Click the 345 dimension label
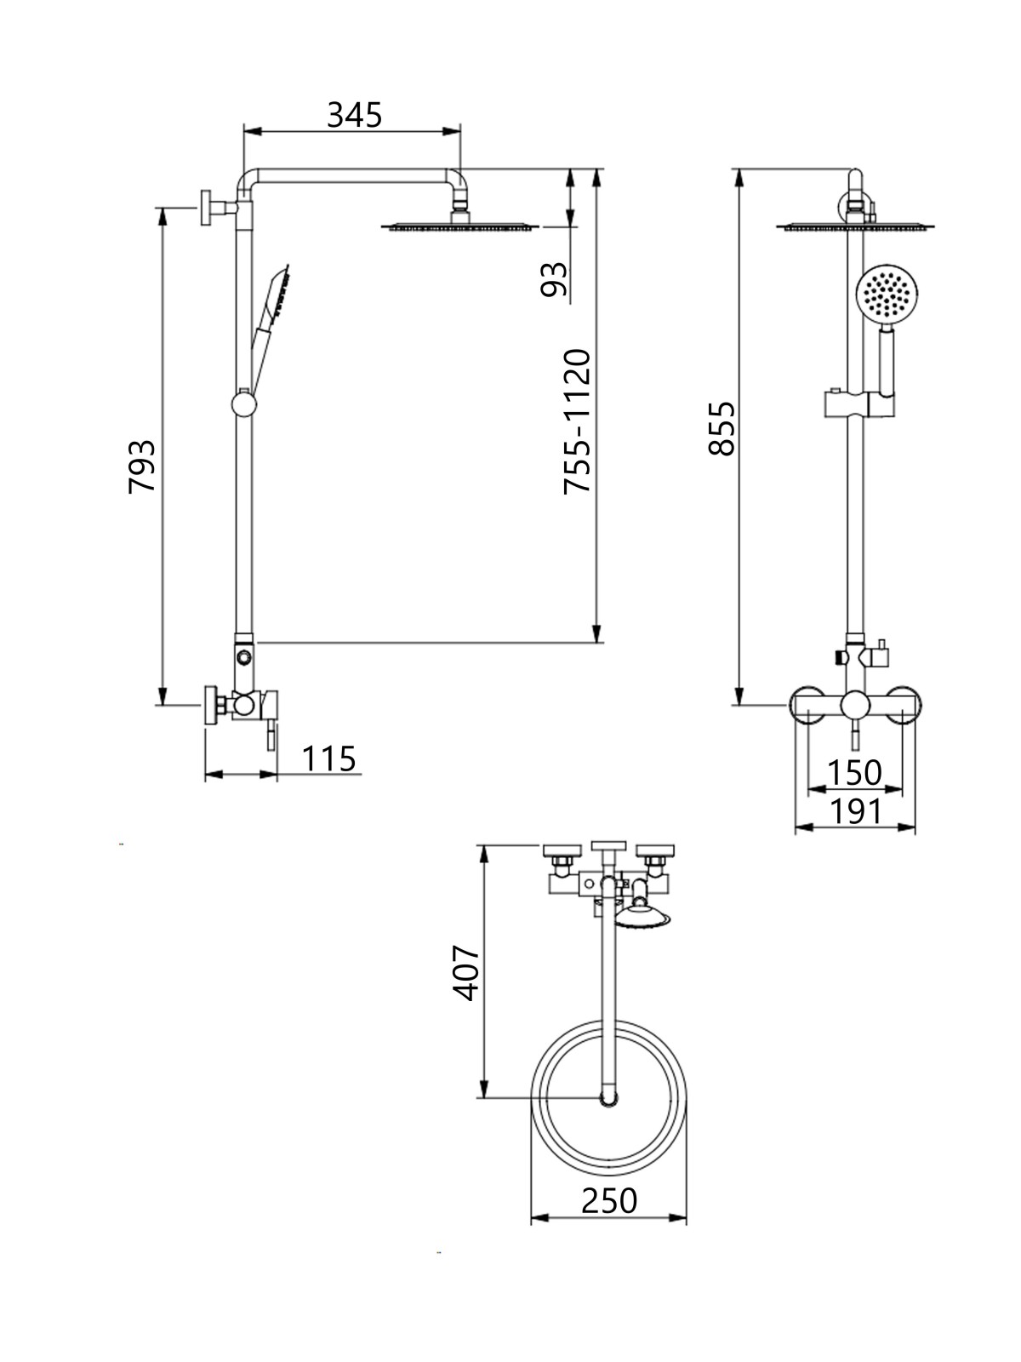click(x=355, y=115)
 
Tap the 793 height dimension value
click(x=141, y=466)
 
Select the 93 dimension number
click(x=554, y=279)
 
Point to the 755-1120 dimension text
click(x=577, y=422)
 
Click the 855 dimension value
click(x=722, y=429)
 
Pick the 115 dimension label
click(x=328, y=758)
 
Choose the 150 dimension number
click(x=854, y=773)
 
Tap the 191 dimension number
click(x=855, y=811)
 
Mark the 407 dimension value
click(x=465, y=973)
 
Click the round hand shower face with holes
click(x=887, y=295)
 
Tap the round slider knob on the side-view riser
click(x=243, y=404)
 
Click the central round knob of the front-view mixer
click(x=855, y=706)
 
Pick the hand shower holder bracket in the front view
click(x=859, y=404)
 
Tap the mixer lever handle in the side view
click(x=271, y=736)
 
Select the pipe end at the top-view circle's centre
click(x=608, y=1099)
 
